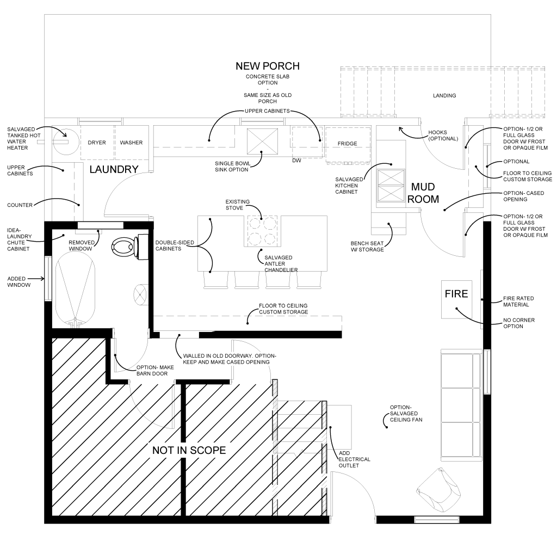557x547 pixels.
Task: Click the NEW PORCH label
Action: click(268, 66)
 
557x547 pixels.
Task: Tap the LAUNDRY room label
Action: click(114, 169)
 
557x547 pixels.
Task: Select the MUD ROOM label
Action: click(423, 193)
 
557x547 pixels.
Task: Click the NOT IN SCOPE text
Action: click(189, 450)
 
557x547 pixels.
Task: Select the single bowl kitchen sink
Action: click(262, 142)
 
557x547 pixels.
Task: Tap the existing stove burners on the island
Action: click(262, 231)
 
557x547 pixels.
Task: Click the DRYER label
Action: click(97, 143)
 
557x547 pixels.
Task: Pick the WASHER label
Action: click(131, 143)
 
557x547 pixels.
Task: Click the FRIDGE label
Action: click(348, 144)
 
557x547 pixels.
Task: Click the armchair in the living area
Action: click(439, 490)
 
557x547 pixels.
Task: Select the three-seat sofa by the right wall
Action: click(461, 405)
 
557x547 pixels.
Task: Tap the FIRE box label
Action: click(456, 294)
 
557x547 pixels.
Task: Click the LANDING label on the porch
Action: click(444, 96)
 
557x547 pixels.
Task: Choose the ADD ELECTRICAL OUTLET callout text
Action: click(354, 459)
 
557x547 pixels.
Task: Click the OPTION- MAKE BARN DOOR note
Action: click(155, 370)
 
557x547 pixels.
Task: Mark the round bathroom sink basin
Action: click(140, 294)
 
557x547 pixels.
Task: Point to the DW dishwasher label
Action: click(296, 161)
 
